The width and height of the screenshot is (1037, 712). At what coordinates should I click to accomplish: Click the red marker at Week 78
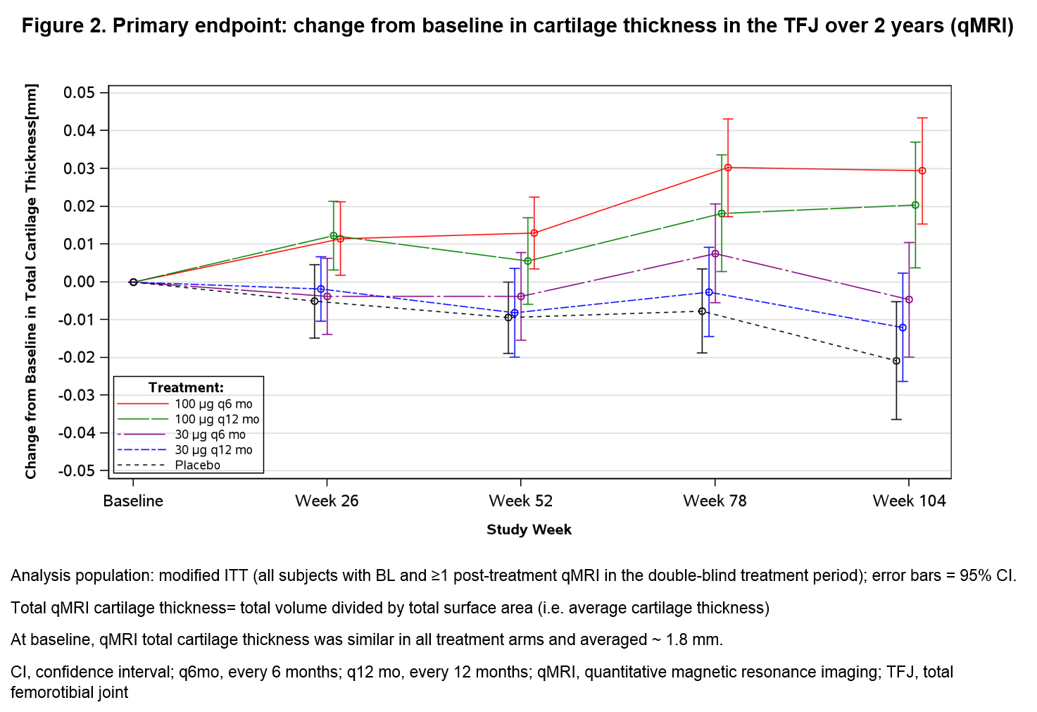(x=728, y=168)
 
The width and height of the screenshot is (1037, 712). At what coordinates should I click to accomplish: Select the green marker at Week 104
(x=915, y=205)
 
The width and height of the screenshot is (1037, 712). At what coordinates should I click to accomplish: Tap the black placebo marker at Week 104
(x=896, y=361)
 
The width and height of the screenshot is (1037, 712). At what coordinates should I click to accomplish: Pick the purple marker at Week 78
(x=715, y=254)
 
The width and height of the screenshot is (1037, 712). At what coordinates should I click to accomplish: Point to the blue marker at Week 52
(x=515, y=313)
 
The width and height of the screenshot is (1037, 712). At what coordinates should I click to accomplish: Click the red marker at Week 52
(x=534, y=233)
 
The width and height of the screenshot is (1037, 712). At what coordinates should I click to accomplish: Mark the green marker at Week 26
(x=334, y=236)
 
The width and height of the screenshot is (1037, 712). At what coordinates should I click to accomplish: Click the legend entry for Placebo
(x=197, y=465)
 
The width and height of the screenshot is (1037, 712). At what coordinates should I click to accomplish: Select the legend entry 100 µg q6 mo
(x=213, y=404)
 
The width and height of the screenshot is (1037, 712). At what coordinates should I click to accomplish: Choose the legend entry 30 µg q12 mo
(x=213, y=450)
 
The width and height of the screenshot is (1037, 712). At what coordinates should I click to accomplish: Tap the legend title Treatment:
(x=186, y=387)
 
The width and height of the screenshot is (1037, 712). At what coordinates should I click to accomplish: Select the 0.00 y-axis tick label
(x=79, y=282)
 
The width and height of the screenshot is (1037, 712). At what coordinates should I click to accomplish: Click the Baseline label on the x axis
(x=133, y=501)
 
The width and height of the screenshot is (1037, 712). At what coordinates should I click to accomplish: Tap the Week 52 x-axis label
(x=521, y=501)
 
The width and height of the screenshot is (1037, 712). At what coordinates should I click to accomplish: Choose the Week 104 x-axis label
(x=909, y=501)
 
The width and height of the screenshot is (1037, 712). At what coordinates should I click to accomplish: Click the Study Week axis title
(x=529, y=530)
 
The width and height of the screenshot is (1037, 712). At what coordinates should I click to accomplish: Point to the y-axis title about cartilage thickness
(x=31, y=281)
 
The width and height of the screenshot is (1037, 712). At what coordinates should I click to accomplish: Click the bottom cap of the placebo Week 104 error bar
(x=896, y=420)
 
